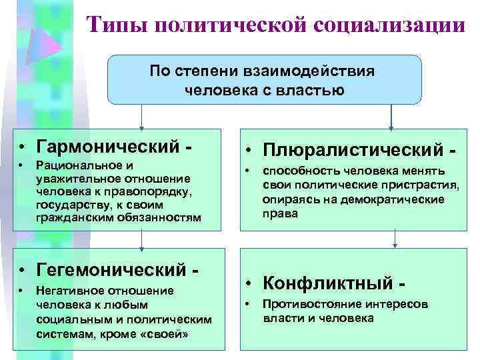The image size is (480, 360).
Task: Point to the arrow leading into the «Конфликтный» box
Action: (x=395, y=239)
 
